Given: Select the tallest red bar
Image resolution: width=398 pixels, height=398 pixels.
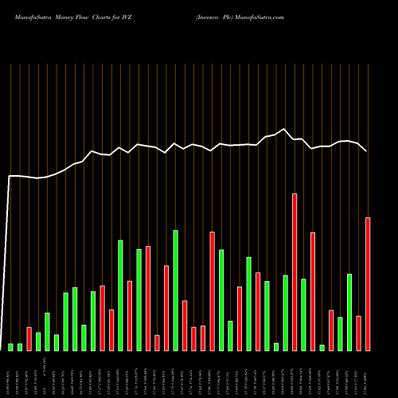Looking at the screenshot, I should [295, 271].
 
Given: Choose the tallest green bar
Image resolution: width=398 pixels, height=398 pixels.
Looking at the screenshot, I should [175, 290].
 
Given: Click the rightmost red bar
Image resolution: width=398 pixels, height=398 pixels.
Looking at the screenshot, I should [368, 283].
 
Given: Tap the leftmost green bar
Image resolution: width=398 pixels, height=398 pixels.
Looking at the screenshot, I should [11, 346].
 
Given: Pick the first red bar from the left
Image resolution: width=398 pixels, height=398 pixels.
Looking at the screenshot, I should [29, 338].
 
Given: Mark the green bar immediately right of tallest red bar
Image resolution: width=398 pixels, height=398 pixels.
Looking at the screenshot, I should [303, 314].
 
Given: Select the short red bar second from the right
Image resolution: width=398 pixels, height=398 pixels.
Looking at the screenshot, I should [358, 333].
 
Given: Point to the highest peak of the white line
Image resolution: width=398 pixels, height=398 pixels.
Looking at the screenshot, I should [284, 129].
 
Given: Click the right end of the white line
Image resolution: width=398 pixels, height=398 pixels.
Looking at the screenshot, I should [367, 150].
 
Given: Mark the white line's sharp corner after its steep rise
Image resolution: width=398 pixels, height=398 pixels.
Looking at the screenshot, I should [10, 176].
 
